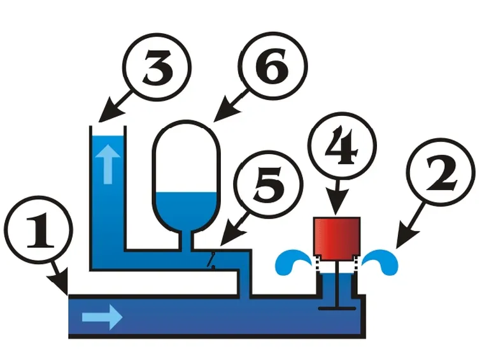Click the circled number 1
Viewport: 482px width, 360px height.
pyautogui.click(x=39, y=231)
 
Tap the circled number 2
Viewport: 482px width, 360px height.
pyautogui.click(x=441, y=172)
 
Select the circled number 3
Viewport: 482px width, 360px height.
pyautogui.click(x=157, y=67)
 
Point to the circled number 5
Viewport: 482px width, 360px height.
pyautogui.click(x=268, y=185)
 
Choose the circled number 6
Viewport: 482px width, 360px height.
pyautogui.click(x=273, y=66)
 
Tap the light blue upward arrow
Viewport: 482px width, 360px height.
pyautogui.click(x=108, y=164)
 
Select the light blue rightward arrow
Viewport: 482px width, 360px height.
pyautogui.click(x=103, y=317)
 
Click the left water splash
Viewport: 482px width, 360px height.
pyautogui.click(x=292, y=262)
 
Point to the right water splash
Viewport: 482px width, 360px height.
pyautogui.click(x=381, y=262)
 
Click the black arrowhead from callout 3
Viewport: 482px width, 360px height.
pyautogui.click(x=110, y=112)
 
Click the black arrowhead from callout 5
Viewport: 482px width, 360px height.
pyautogui.click(x=232, y=235)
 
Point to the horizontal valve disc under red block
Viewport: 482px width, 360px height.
pyautogui.click(x=337, y=308)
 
